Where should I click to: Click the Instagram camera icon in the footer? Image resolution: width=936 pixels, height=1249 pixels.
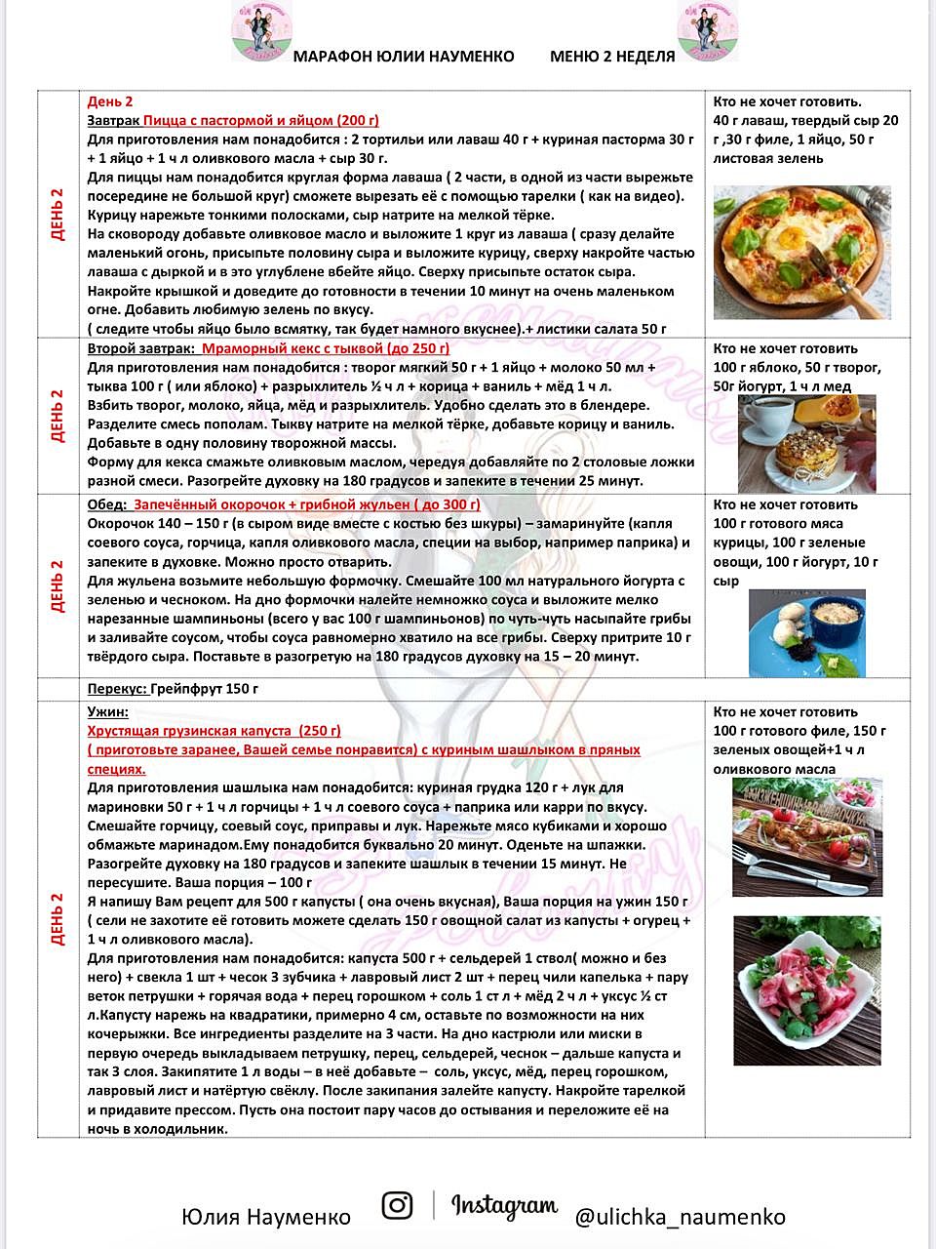point(397,1205)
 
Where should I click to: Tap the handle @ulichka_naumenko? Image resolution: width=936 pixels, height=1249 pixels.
point(680,1217)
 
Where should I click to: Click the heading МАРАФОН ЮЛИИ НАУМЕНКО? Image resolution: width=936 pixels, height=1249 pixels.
point(404,57)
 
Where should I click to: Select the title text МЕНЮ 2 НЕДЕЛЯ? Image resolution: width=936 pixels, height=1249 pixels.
point(612,57)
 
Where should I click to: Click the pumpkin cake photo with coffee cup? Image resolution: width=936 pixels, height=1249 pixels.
point(807,444)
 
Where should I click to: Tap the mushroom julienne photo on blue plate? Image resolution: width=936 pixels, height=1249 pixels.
point(807,632)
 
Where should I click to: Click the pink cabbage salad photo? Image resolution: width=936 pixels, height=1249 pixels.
point(806,990)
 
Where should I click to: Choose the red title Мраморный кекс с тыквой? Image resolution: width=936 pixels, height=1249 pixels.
point(326,348)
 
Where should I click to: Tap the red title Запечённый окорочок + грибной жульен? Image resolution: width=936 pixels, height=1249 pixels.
point(306,504)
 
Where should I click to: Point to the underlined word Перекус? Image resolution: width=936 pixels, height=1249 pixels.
point(117,689)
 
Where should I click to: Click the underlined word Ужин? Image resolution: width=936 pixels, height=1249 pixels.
point(107,712)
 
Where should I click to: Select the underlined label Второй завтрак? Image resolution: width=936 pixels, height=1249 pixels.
point(140,348)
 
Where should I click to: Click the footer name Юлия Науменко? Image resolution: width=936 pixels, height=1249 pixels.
point(266,1217)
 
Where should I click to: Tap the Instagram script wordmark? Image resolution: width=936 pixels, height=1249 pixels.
point(504,1206)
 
